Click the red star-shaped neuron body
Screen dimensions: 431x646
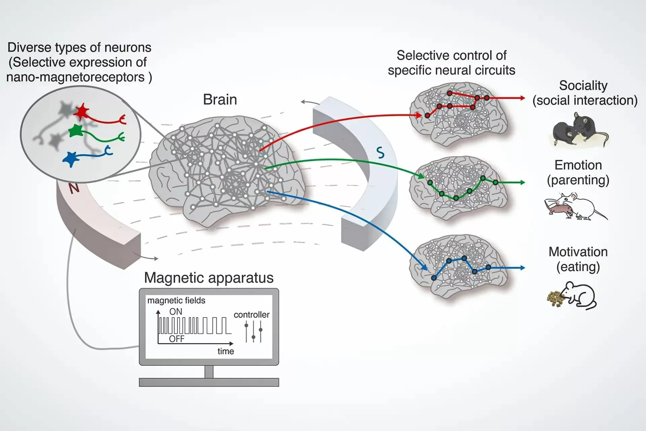pyautogui.click(x=81, y=112)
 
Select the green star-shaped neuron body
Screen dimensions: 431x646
pyautogui.click(x=76, y=131)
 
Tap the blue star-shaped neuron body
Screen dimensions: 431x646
pyautogui.click(x=71, y=159)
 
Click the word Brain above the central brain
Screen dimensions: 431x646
pyautogui.click(x=220, y=100)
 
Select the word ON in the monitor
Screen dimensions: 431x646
pyautogui.click(x=176, y=311)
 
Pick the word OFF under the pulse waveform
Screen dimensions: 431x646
pyautogui.click(x=177, y=339)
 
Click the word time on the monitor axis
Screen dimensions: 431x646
pyautogui.click(x=225, y=351)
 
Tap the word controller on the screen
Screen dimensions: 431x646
pyautogui.click(x=251, y=314)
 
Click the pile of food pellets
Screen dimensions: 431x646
pyautogui.click(x=555, y=298)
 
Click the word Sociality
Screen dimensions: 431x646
pyautogui.click(x=583, y=86)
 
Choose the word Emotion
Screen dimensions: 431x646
pyautogui.click(x=578, y=165)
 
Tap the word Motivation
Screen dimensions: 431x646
pyautogui.click(x=578, y=252)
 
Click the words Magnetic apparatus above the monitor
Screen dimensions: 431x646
pyautogui.click(x=209, y=278)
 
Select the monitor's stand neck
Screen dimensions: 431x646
pyautogui.click(x=209, y=372)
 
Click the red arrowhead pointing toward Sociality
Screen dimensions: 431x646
pyautogui.click(x=522, y=98)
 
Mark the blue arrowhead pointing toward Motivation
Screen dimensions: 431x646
pyautogui.click(x=522, y=268)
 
